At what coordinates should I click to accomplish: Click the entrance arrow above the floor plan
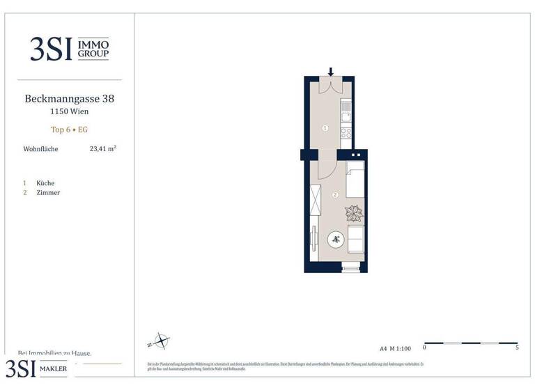pyautogui.click(x=331, y=71)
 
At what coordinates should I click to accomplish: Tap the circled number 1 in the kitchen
pyautogui.click(x=325, y=128)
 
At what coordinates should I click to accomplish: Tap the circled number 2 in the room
pyautogui.click(x=335, y=195)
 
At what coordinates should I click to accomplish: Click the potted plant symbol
pyautogui.click(x=354, y=213)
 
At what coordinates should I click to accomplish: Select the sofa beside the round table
pyautogui.click(x=355, y=240)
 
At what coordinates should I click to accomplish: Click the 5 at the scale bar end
pyautogui.click(x=517, y=348)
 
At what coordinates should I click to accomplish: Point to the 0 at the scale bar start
pyautogui.click(x=424, y=348)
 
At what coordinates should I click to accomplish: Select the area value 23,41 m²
pyautogui.click(x=102, y=148)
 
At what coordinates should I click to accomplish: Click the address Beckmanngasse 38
pyautogui.click(x=69, y=99)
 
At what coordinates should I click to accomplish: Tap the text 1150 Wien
pyautogui.click(x=69, y=111)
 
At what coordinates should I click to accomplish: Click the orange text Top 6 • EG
pyautogui.click(x=69, y=130)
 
